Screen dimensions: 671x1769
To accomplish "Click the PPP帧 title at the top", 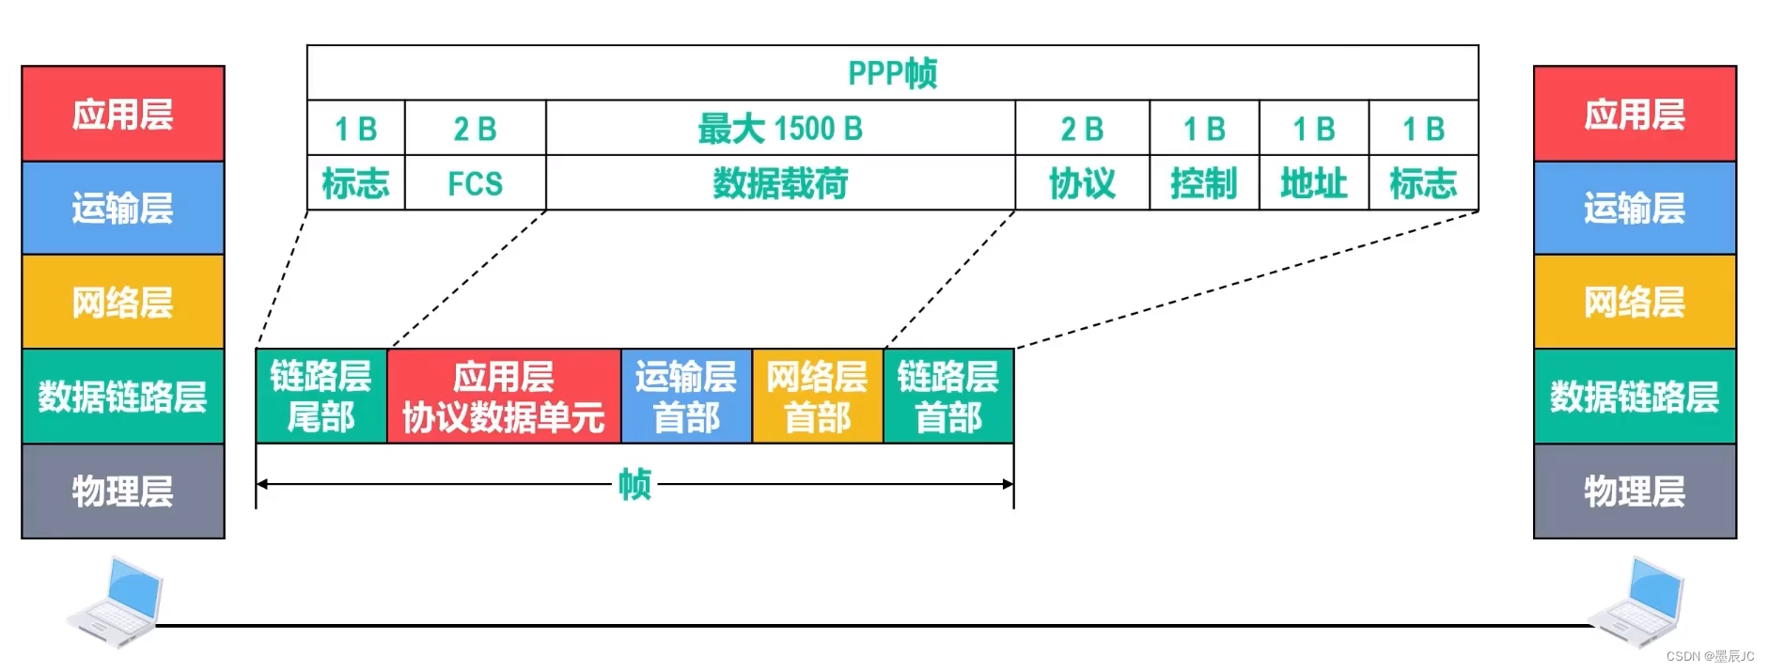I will point(892,73).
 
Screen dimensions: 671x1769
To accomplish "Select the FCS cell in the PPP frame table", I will point(475,183).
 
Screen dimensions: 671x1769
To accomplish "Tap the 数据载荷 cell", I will point(780,183).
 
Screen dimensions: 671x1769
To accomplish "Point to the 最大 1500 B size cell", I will point(780,129).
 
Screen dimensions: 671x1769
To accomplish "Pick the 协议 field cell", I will point(1082,183).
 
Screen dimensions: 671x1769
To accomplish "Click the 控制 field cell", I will point(1203,183).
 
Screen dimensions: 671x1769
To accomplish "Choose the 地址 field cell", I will point(1313,183).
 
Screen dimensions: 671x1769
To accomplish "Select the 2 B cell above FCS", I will point(475,129).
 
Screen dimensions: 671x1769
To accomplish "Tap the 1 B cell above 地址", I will point(1313,129).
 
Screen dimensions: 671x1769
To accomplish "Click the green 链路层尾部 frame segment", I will point(321,397).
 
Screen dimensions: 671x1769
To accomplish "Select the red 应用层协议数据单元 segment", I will point(503,397).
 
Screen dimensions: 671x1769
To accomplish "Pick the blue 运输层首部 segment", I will point(686,397).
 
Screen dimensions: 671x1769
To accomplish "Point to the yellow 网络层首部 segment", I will point(817,397).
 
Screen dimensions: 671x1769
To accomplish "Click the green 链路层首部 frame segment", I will point(947,397).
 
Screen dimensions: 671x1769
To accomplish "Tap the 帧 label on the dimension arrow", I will point(634,485).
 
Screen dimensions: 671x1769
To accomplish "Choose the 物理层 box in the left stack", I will point(123,492).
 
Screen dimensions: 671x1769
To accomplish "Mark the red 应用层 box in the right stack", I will point(1635,114).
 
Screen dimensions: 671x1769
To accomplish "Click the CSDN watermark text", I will point(1710,656).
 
